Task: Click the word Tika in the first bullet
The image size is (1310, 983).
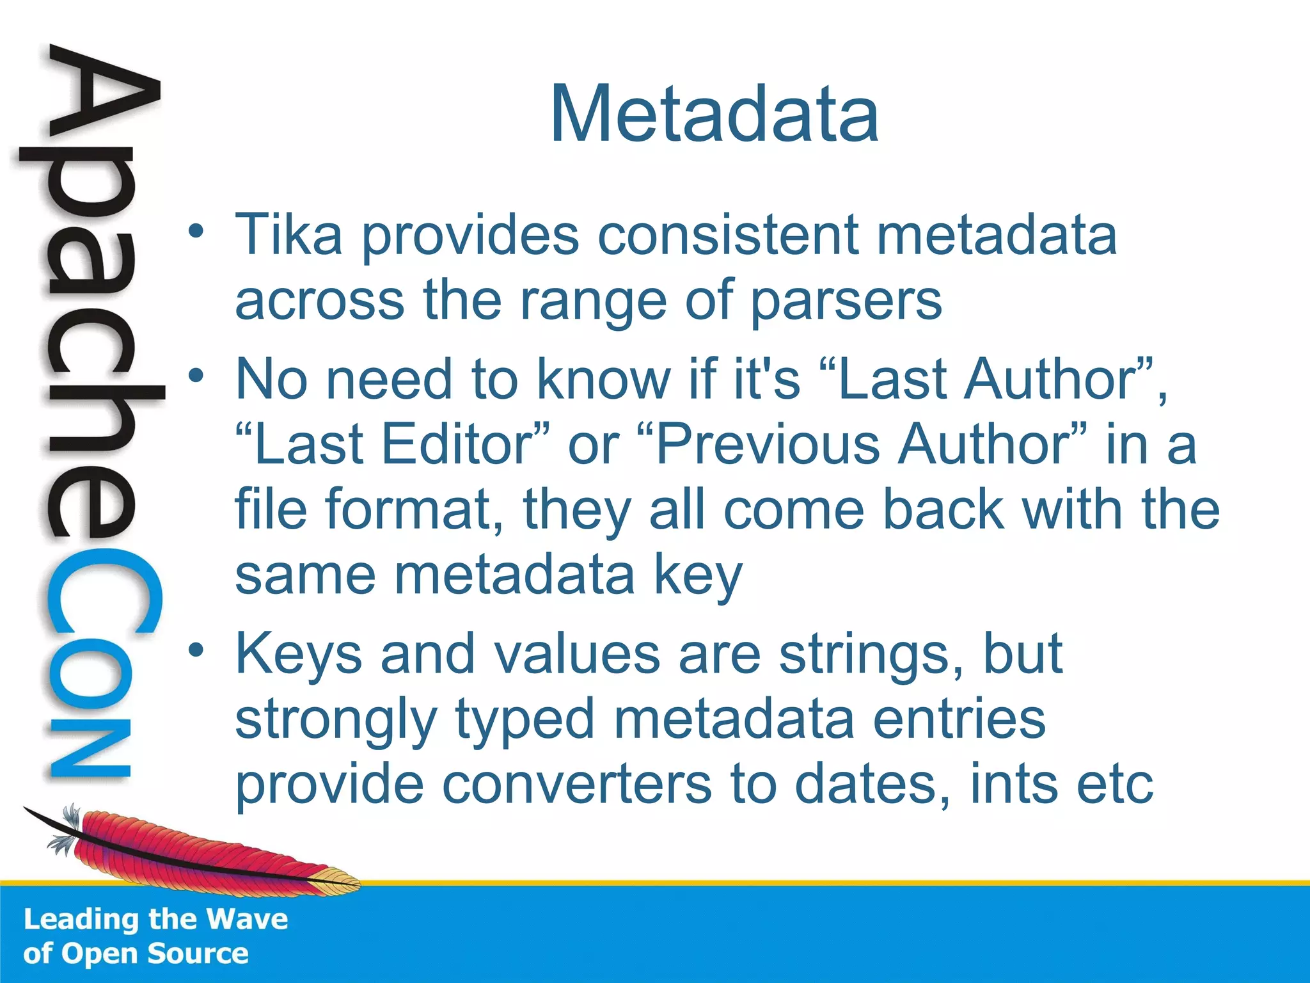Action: [x=288, y=235]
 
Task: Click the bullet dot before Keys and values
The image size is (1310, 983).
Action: [x=196, y=651]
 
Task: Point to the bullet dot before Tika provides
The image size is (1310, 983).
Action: [x=196, y=232]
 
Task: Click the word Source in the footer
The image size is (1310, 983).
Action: [x=198, y=954]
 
